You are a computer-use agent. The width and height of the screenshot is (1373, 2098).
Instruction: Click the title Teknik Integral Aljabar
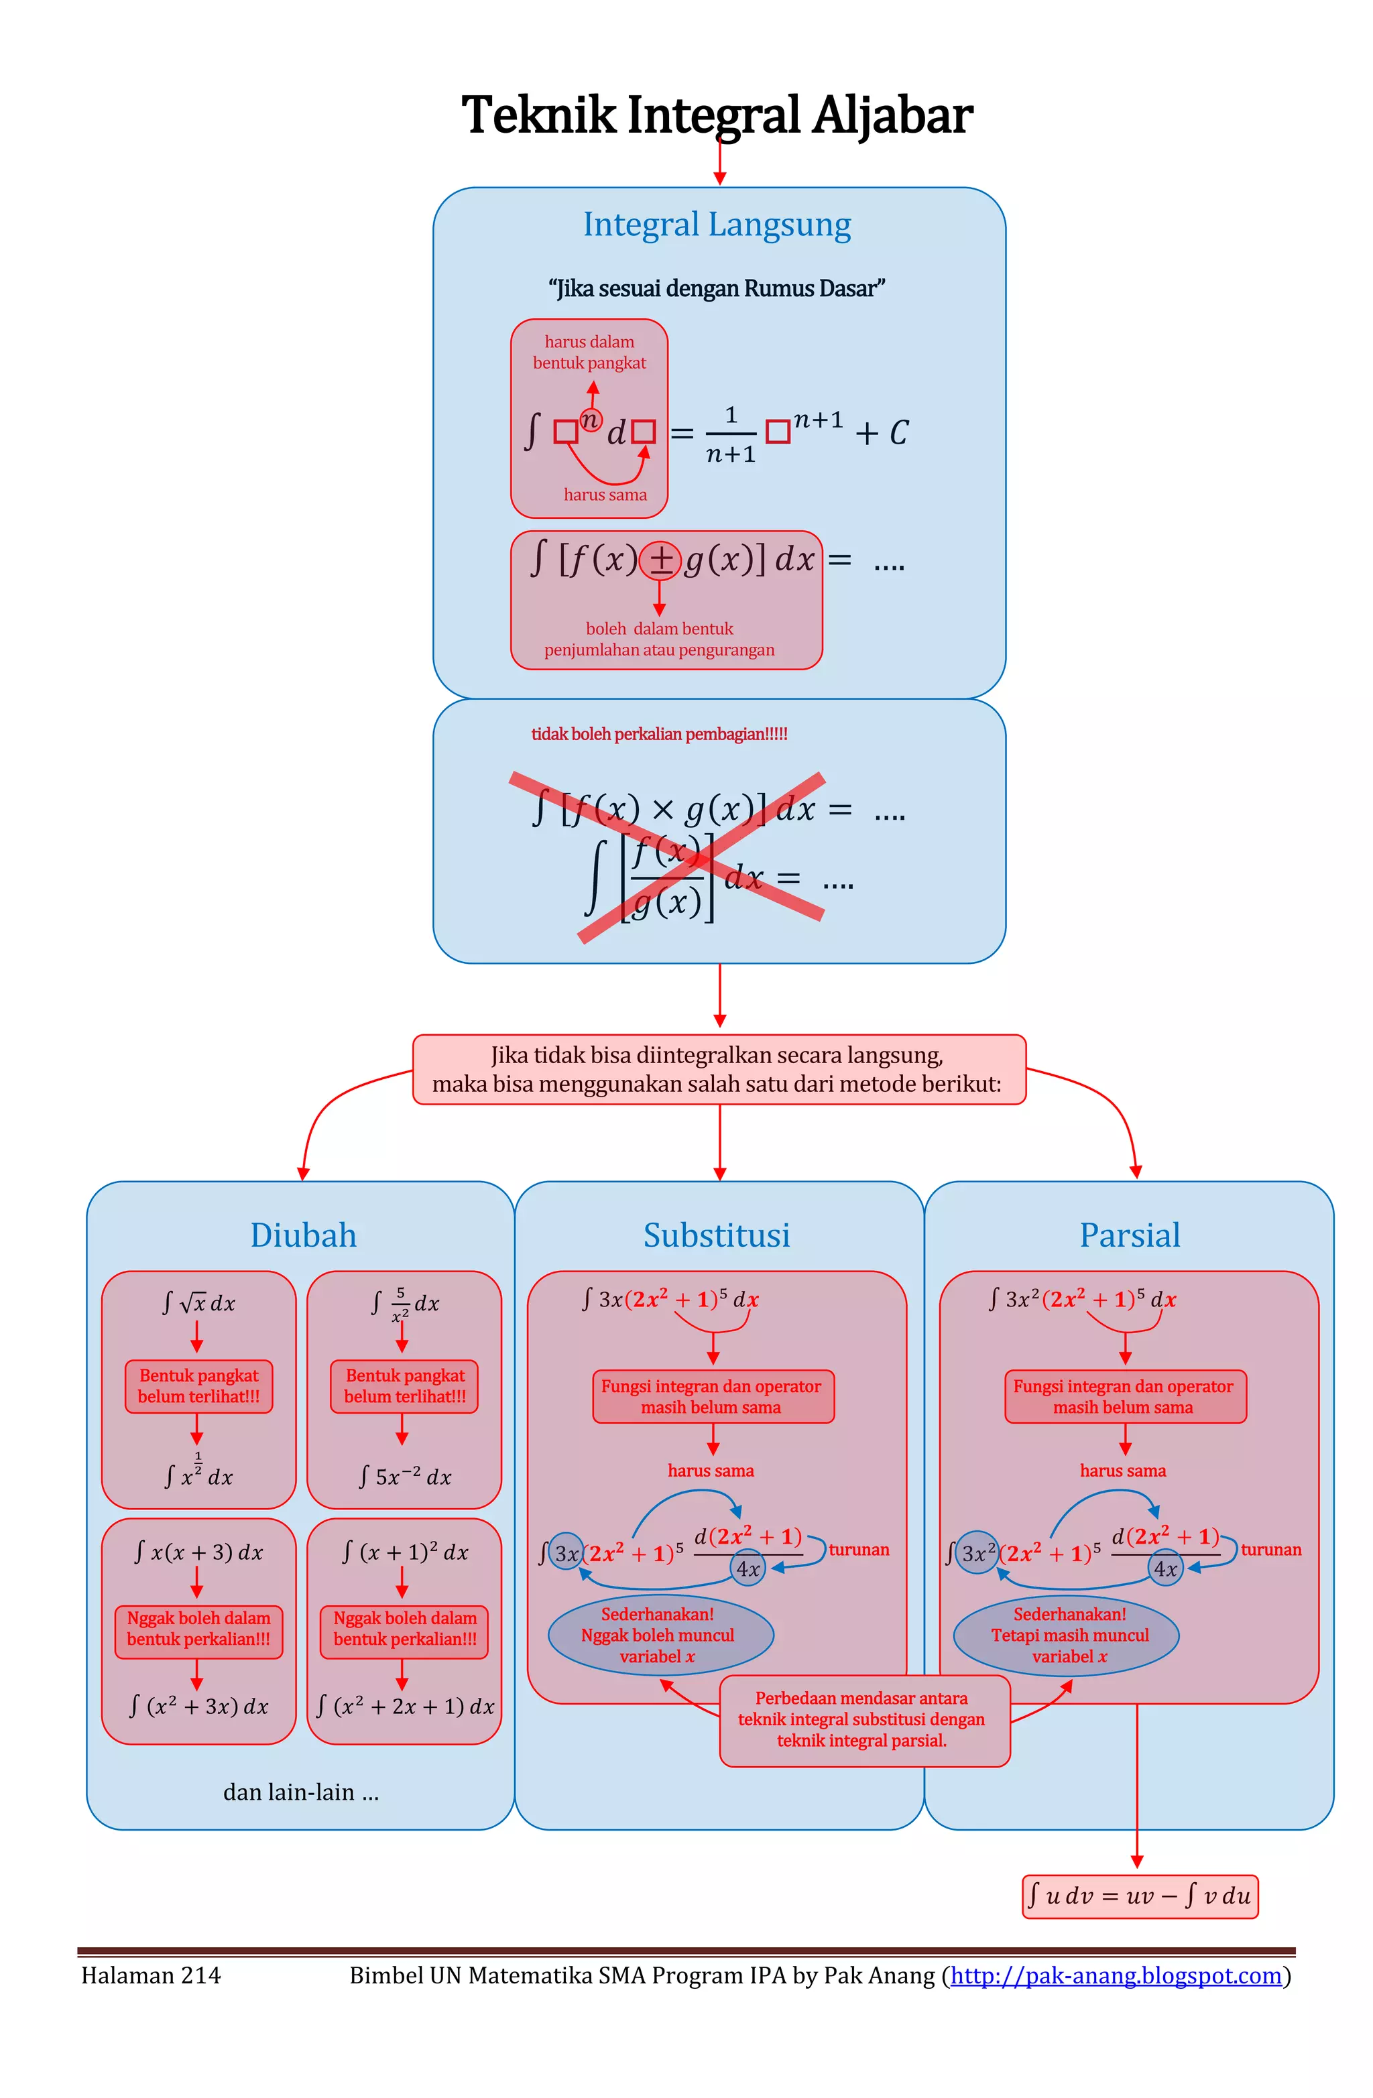pyautogui.click(x=716, y=115)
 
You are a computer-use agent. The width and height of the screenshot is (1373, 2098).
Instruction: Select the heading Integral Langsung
pyautogui.click(x=716, y=225)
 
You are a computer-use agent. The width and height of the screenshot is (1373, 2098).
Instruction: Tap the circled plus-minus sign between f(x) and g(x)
pyautogui.click(x=659, y=560)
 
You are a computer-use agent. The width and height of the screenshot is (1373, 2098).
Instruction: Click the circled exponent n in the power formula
pyautogui.click(x=590, y=420)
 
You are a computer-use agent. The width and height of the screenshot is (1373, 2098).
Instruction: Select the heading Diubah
pyautogui.click(x=302, y=1235)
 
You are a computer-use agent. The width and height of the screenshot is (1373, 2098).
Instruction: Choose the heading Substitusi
pyautogui.click(x=716, y=1235)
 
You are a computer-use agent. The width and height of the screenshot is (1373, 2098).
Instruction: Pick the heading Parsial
pyautogui.click(x=1129, y=1235)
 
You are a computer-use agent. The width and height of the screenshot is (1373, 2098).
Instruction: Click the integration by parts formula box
pyautogui.click(x=1138, y=1896)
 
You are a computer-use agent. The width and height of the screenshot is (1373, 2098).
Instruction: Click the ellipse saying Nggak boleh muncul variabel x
pyautogui.click(x=659, y=1636)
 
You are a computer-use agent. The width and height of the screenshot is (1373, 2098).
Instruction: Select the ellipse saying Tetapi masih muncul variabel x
pyautogui.click(x=1068, y=1636)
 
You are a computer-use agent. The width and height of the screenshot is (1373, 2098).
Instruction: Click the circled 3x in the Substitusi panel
pyautogui.click(x=566, y=1553)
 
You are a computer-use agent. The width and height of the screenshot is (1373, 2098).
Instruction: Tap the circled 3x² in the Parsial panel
pyautogui.click(x=976, y=1553)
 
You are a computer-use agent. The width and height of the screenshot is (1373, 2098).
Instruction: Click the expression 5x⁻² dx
pyautogui.click(x=405, y=1477)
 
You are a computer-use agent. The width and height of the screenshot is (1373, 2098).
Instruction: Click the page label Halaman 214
pyautogui.click(x=151, y=1975)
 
